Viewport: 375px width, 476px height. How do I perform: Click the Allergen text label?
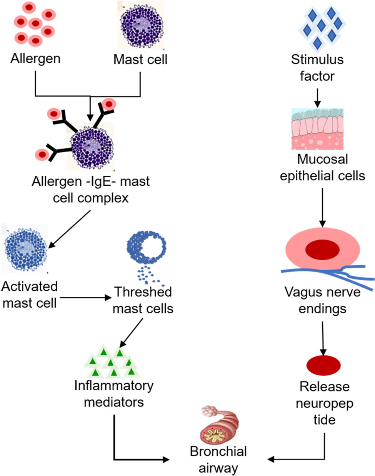click(35, 59)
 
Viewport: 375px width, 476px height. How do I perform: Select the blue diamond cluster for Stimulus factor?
click(321, 27)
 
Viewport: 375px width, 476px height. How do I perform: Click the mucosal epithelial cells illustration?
click(317, 129)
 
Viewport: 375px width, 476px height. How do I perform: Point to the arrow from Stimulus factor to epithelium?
click(317, 98)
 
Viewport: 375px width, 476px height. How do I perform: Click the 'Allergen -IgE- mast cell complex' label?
click(91, 190)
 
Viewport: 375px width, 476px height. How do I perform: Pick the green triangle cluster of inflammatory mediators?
click(112, 362)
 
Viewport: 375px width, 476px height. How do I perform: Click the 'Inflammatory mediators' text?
click(114, 393)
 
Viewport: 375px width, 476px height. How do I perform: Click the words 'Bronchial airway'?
click(218, 459)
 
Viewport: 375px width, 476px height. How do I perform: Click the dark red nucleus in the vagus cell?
click(322, 250)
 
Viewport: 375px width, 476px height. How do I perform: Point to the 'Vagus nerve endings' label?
click(322, 300)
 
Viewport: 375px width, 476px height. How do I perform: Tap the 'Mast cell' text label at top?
click(140, 60)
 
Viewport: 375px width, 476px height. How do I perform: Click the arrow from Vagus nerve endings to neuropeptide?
click(323, 338)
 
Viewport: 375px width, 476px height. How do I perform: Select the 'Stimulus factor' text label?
click(317, 68)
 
